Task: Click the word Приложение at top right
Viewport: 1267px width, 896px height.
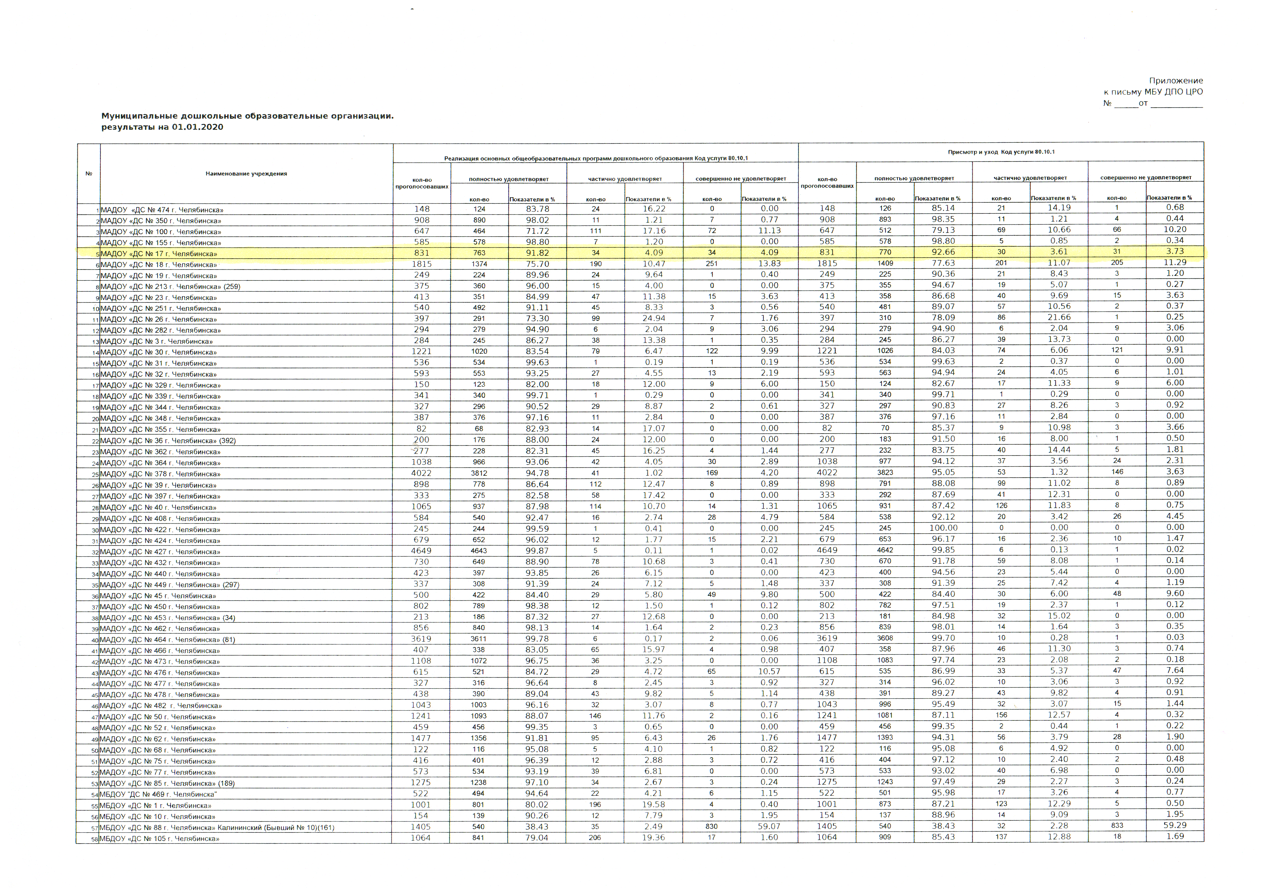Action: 1175,81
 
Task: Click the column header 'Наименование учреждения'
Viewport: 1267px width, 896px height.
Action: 246,174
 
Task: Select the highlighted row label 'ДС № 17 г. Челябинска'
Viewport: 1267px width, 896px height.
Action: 159,254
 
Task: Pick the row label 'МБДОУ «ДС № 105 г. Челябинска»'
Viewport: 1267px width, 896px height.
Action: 159,839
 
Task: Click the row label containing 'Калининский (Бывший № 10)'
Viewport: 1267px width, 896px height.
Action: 217,828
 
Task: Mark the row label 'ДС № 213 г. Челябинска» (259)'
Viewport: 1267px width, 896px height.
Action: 170,287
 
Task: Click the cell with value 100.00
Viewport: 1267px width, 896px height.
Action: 943,527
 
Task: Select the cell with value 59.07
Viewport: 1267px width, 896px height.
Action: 769,827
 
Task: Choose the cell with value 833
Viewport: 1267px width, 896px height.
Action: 1116,826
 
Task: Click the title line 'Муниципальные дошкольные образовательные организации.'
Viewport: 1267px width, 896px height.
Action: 247,116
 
